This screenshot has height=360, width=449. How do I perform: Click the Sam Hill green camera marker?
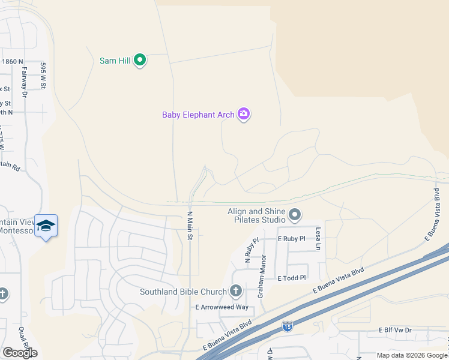140,60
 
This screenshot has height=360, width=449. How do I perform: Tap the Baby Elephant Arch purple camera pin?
243,113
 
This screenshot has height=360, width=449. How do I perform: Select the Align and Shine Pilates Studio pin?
295,214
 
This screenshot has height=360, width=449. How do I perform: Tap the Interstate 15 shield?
287,326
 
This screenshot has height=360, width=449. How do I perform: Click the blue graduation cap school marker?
46,226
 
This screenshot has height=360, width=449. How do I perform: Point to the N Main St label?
190,226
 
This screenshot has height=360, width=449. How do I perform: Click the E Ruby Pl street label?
291,238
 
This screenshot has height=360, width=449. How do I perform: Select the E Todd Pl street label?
292,278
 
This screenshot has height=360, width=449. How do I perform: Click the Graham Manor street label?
262,277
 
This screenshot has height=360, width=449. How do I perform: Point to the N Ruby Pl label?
251,251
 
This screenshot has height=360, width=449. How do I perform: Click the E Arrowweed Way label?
222,307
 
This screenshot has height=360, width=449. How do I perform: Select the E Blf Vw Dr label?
395,330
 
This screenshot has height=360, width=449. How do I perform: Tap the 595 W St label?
43,76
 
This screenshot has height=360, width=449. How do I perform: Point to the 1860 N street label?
12,61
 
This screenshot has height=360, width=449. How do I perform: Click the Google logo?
20,353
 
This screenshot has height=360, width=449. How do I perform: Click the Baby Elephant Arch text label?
198,115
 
